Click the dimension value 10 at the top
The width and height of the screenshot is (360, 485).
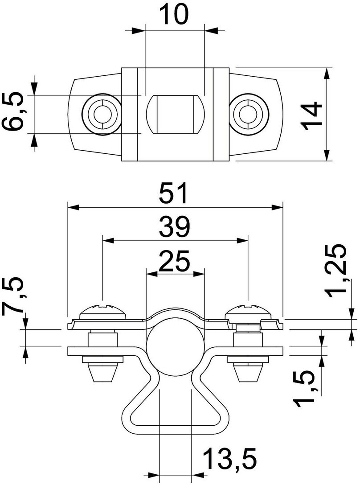tap(174, 16)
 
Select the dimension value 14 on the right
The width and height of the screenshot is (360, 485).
tap(311, 115)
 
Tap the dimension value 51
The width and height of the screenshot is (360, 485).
tap(175, 194)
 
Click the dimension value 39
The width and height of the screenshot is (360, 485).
tap(175, 227)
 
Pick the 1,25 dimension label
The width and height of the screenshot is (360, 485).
tap(335, 270)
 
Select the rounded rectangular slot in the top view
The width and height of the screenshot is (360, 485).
tap(175, 114)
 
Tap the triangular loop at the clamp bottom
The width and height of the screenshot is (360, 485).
tap(175, 412)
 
